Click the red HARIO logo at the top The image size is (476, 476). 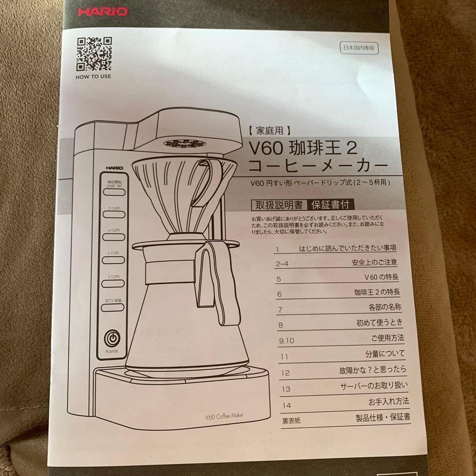pos(103,11)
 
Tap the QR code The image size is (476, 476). pos(94,54)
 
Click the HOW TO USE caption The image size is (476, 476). pos(93,76)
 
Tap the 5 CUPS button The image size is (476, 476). pos(114,214)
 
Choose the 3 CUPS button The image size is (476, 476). pos(114,260)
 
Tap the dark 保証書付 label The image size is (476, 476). pos(331,205)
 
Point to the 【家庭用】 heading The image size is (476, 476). pos(269,130)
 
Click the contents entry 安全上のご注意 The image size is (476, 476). pos(374,262)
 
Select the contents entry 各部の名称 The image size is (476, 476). pos(385,307)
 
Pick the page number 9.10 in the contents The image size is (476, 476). pos(286,341)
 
